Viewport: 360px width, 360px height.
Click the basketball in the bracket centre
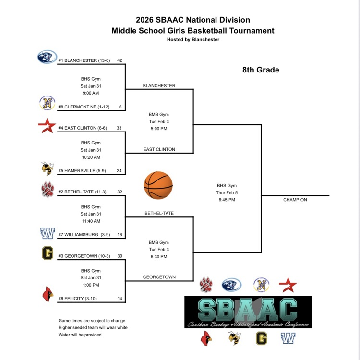(x=158, y=185)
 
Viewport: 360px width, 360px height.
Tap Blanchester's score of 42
(x=120, y=61)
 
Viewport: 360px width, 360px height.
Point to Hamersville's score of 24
(x=120, y=170)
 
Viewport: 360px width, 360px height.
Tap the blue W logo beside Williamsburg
(x=48, y=234)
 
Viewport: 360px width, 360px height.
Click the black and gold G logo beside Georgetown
(x=48, y=253)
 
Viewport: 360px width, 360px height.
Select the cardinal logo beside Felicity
(x=47, y=295)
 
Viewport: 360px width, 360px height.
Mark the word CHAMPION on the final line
(x=295, y=200)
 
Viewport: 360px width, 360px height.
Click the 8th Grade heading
(x=261, y=70)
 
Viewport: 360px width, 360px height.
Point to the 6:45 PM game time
(x=227, y=200)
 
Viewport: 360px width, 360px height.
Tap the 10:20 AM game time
(x=91, y=157)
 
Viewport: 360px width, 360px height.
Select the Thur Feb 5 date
(x=227, y=192)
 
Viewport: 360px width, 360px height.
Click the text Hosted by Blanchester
(x=193, y=40)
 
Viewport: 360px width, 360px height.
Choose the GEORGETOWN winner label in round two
(x=159, y=277)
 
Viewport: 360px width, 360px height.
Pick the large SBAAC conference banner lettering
(x=248, y=310)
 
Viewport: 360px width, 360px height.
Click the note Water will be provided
(x=80, y=335)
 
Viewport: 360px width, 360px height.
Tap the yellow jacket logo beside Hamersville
(x=47, y=168)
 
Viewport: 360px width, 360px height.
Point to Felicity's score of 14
(x=120, y=299)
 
